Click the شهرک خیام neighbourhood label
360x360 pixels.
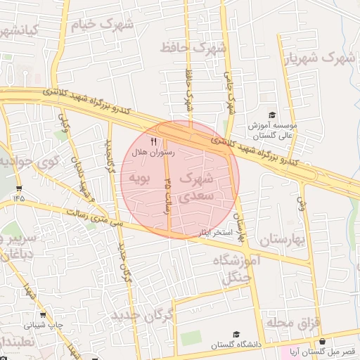(x=105, y=24)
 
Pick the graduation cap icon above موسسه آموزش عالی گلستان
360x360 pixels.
(x=272, y=115)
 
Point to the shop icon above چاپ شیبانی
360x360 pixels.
(x=43, y=315)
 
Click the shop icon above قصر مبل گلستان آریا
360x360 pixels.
(x=322, y=341)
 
